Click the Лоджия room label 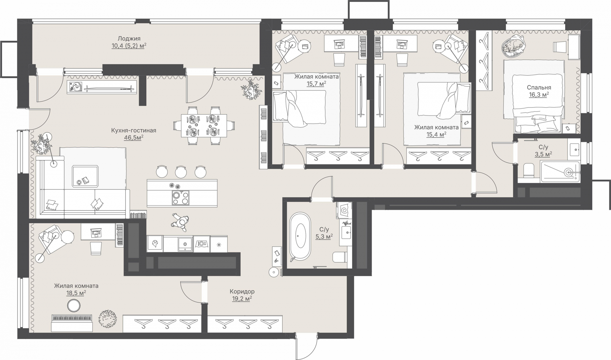[129, 39]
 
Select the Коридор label [242, 292]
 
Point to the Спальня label [539, 88]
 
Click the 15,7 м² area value [316, 84]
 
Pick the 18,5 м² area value [76, 293]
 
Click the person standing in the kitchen [180, 222]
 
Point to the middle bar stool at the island [181, 172]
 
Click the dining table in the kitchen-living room [204, 126]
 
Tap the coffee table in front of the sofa [85, 175]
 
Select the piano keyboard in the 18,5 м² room [72, 318]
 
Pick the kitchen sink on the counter [185, 244]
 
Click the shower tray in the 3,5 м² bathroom [560, 172]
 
